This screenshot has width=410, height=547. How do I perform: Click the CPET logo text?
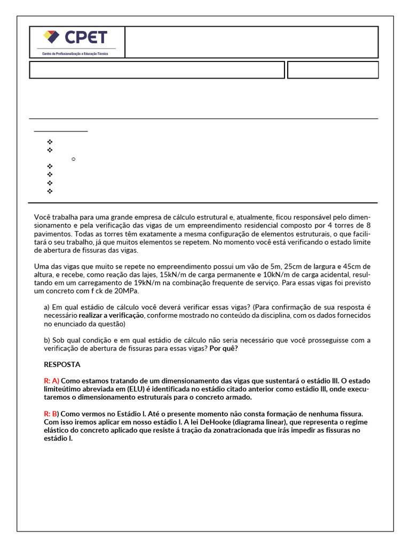click(x=86, y=37)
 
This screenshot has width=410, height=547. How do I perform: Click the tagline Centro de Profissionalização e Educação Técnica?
click(x=75, y=53)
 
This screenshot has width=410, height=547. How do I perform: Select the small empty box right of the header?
click(x=333, y=70)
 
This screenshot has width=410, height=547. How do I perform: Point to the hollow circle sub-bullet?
click(x=73, y=159)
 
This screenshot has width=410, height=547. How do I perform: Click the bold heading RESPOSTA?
click(x=62, y=365)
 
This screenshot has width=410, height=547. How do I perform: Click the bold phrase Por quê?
click(x=224, y=349)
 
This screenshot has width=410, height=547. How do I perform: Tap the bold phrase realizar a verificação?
click(x=112, y=316)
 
